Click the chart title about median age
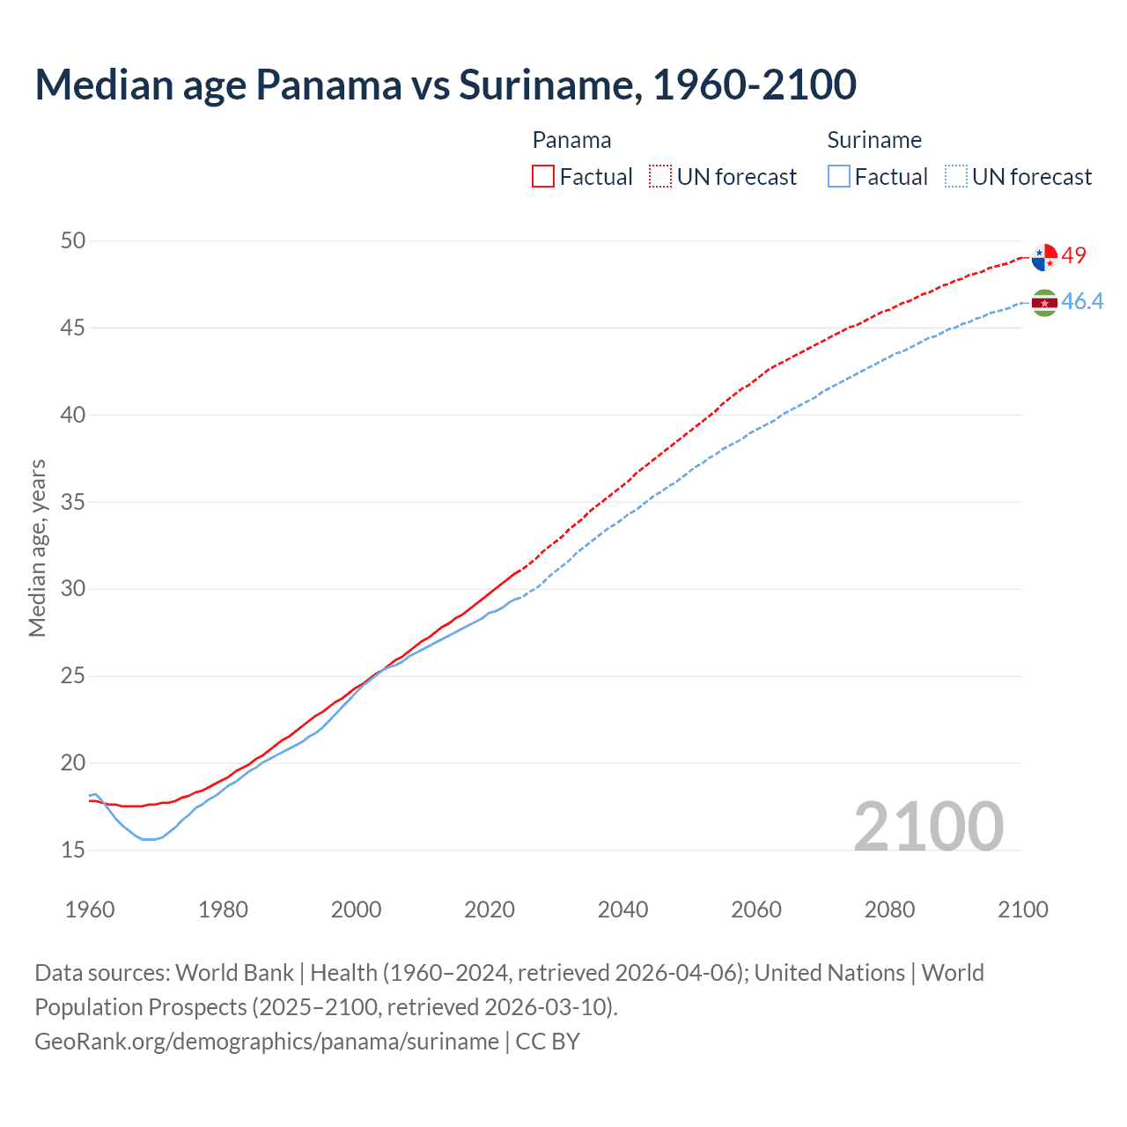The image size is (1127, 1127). coord(446,85)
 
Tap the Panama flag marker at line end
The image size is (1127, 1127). coord(1044,257)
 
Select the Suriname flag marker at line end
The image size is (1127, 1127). coord(1044,303)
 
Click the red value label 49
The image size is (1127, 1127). coord(1074,255)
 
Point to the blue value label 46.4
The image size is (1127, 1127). coord(1082,302)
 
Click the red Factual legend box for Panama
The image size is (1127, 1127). coord(543,177)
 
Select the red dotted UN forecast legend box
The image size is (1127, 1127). coord(660,177)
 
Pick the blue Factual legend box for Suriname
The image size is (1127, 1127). coord(839,177)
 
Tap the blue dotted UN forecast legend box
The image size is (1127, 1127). coord(956,177)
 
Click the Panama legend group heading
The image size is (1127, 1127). coord(571,140)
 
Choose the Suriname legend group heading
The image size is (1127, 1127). coord(874,140)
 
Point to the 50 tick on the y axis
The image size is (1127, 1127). coord(73,240)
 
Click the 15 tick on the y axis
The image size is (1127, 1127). coord(73,850)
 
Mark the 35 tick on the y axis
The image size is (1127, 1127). coord(73,502)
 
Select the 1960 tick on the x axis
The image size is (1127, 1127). coord(90,910)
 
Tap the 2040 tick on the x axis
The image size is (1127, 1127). coord(622,910)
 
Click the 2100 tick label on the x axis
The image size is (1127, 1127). coord(1022,910)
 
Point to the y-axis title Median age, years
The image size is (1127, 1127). coord(37,548)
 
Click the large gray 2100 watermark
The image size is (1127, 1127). coord(928,826)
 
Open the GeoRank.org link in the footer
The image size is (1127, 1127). coord(267,1042)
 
